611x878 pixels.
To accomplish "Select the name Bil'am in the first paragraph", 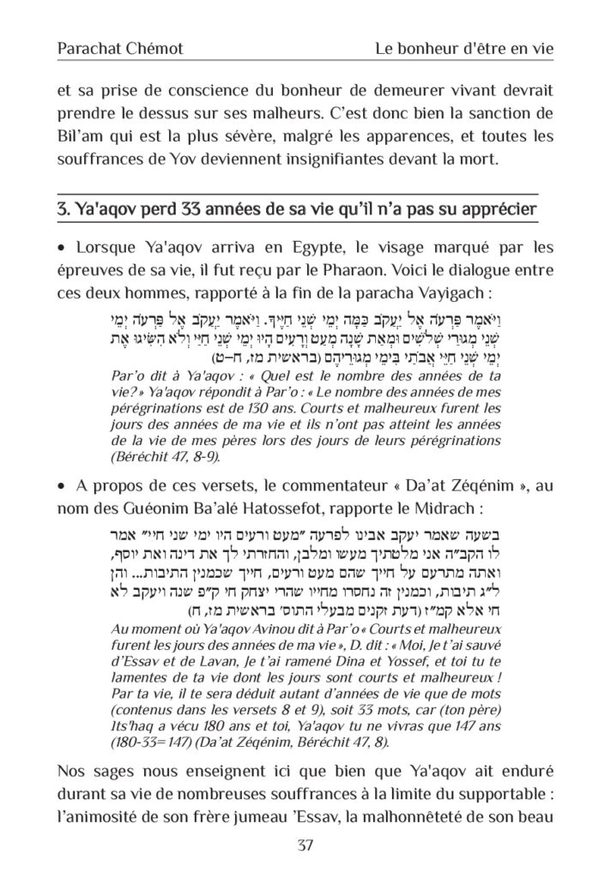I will (x=77, y=135).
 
